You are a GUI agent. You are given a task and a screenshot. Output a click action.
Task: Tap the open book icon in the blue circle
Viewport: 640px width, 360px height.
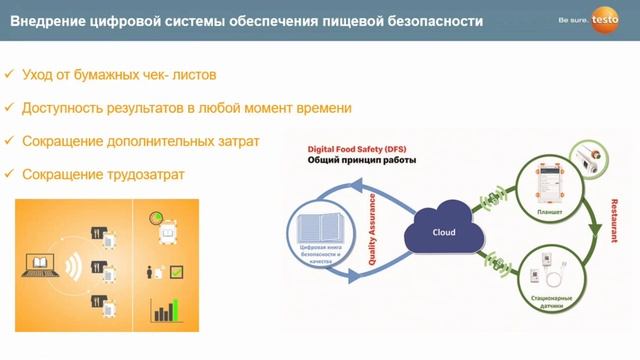pyautogui.click(x=321, y=222)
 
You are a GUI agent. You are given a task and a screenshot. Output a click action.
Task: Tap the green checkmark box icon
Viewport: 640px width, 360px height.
pyautogui.click(x=176, y=271)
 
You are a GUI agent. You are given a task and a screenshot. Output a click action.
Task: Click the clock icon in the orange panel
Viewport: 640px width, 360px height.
pyautogui.click(x=156, y=218)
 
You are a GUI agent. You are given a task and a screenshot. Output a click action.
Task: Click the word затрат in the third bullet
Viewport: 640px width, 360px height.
pyautogui.click(x=237, y=141)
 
